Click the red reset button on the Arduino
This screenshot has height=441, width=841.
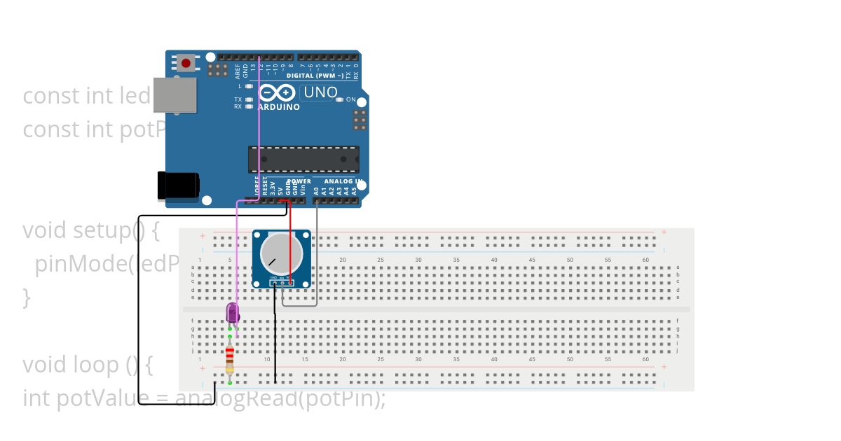pos(186,63)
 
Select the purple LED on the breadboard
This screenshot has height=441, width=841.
pos(233,313)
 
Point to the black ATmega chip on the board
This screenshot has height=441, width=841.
pos(303,159)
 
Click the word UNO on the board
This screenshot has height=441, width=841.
pos(320,92)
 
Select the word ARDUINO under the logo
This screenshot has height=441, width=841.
pos(279,108)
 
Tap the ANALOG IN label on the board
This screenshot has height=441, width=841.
pos(339,181)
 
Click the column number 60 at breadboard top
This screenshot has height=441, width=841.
pos(645,260)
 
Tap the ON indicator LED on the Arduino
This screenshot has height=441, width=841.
pos(340,100)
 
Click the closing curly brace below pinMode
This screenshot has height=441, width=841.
pos(27,297)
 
